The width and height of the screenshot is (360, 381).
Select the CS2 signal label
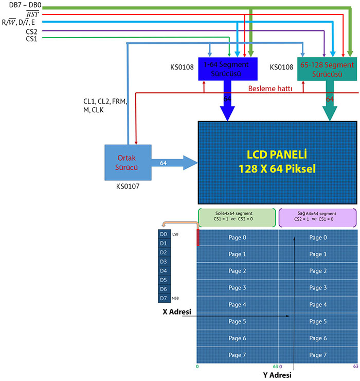click(x=32, y=31)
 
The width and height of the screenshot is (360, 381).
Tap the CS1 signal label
click(x=32, y=39)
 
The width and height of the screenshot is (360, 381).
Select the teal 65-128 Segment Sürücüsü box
click(x=326, y=68)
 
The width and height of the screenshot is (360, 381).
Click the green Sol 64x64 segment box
click(x=237, y=218)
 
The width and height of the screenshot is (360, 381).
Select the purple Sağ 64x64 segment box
click(x=317, y=218)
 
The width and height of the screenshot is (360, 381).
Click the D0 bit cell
click(x=164, y=234)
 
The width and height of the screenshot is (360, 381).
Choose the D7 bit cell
click(x=164, y=298)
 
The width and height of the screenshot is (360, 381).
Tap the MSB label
click(x=176, y=299)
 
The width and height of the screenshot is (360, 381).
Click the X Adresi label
click(x=177, y=312)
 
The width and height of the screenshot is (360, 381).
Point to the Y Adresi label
click(x=277, y=374)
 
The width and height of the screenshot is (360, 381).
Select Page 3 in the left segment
click(x=237, y=288)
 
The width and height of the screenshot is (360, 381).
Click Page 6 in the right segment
click(x=318, y=338)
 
